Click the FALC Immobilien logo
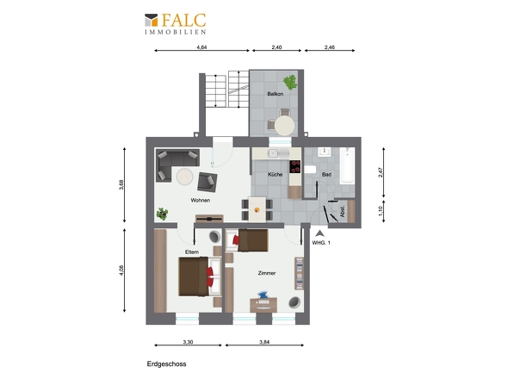(x=176, y=23)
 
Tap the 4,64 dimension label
(x=201, y=47)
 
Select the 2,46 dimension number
(x=330, y=47)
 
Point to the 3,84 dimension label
(x=264, y=342)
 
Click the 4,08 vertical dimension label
(x=121, y=270)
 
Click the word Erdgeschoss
(x=166, y=364)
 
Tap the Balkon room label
(x=276, y=94)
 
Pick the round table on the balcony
(x=285, y=126)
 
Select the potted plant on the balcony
(x=290, y=82)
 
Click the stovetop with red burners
(x=294, y=166)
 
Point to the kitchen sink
(x=273, y=153)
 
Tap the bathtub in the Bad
(x=347, y=165)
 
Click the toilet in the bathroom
(x=310, y=169)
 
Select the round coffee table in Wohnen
(x=184, y=177)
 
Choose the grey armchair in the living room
(x=207, y=182)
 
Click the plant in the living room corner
(x=162, y=214)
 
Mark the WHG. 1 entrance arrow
(x=319, y=233)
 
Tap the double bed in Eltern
(x=200, y=276)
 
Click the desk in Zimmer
(x=263, y=305)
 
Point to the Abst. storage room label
(x=343, y=212)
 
